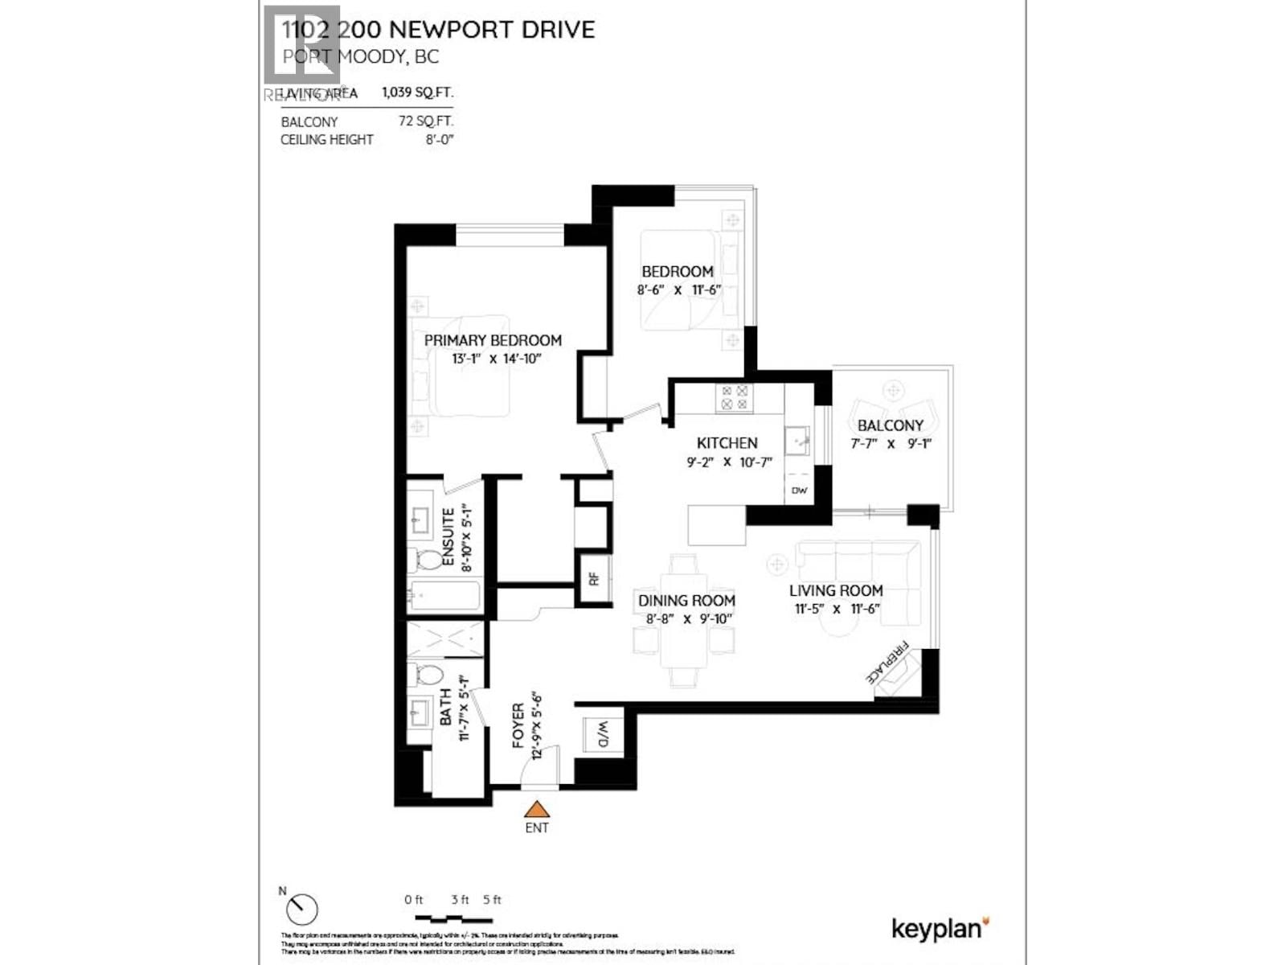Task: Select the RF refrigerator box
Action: point(595,578)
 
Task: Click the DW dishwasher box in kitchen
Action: point(799,491)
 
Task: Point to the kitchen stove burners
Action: point(734,397)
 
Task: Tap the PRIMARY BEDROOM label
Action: point(493,340)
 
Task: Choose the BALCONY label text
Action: point(890,425)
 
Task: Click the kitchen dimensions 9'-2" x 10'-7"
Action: point(728,462)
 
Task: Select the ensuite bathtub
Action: point(443,597)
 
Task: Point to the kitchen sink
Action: point(798,441)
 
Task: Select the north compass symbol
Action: point(302,910)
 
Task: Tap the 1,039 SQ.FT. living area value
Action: point(417,92)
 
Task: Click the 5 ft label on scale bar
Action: point(492,900)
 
